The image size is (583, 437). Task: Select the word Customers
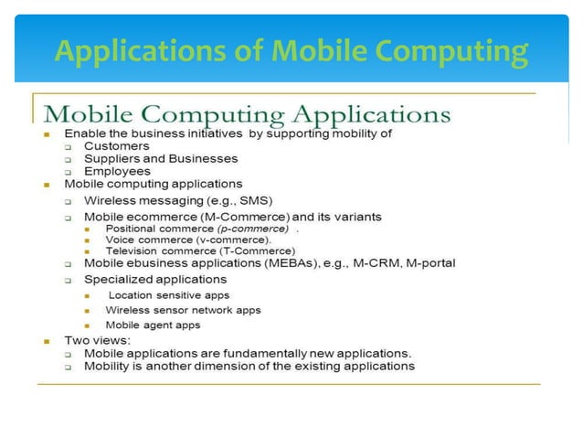116,145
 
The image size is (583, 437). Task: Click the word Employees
118,171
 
